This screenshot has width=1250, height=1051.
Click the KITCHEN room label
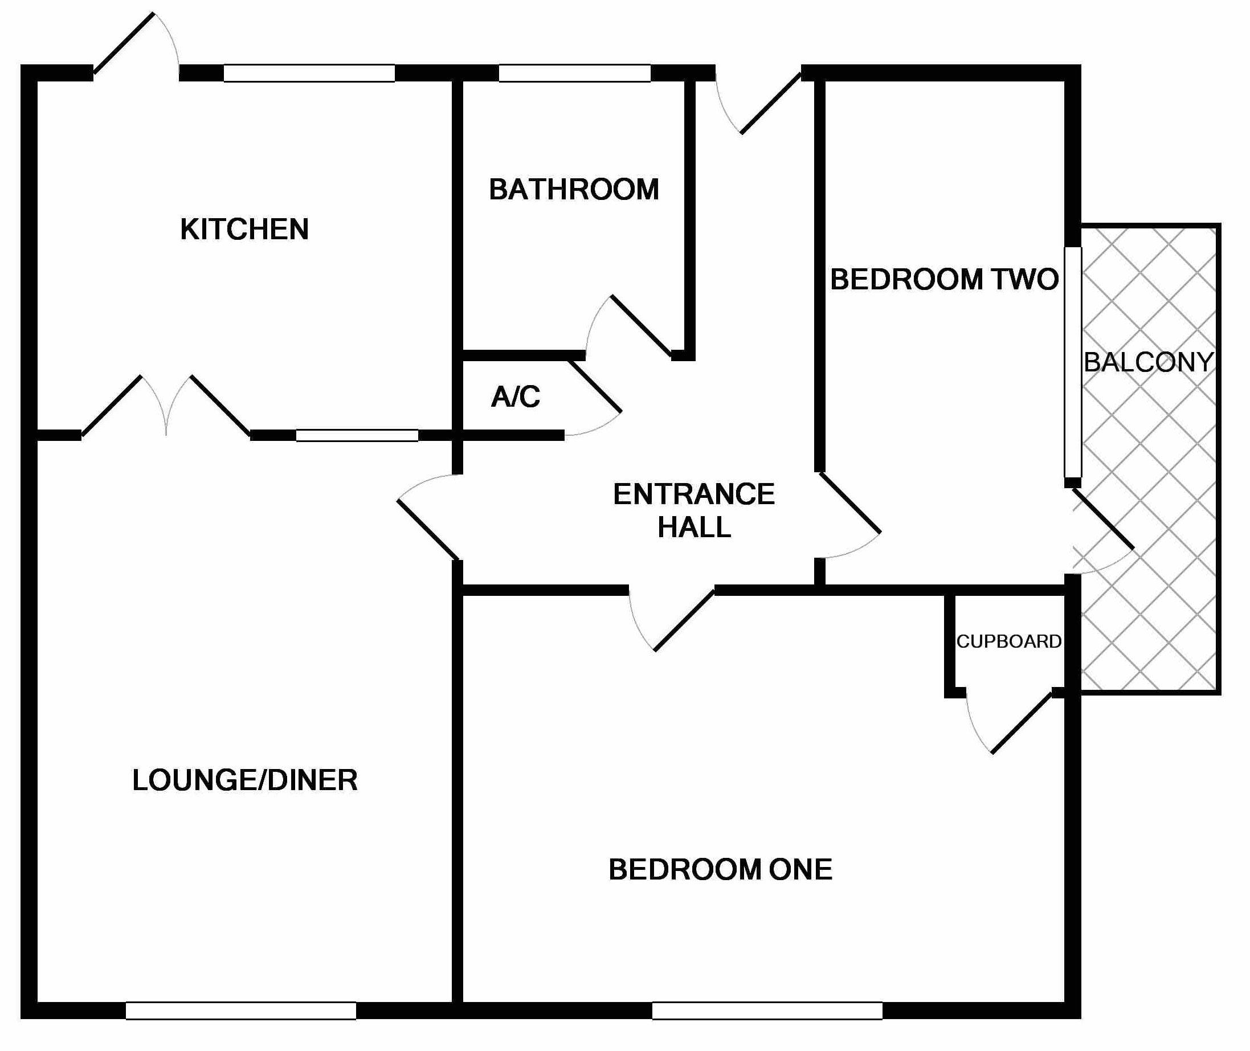tap(244, 230)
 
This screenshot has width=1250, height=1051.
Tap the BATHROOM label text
tap(574, 190)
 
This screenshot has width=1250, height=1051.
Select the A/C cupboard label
tap(516, 397)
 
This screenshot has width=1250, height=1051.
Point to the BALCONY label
tap(1148, 362)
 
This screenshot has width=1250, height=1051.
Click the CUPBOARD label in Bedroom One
tap(1008, 641)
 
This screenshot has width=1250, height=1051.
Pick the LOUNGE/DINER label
tap(245, 780)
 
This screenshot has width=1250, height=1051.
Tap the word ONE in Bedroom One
tap(800, 870)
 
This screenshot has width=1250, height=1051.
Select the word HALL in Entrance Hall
tap(694, 527)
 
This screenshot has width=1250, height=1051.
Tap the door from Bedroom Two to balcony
tap(1103, 518)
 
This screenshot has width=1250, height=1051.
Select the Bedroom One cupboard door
tap(1021, 723)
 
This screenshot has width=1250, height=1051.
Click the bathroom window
tap(574, 73)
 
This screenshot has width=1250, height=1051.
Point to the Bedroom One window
tap(767, 1011)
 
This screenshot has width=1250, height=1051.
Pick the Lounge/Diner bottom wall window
tap(240, 1011)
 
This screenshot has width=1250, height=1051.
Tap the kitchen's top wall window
tap(309, 73)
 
